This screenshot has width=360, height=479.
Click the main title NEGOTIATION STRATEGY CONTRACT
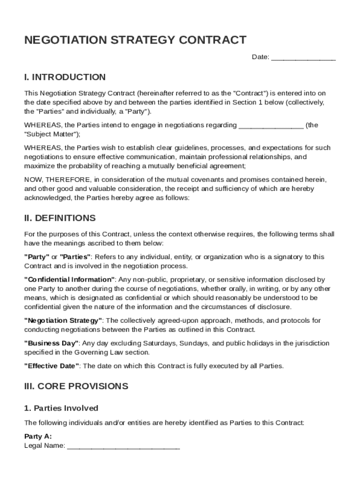tap(135, 40)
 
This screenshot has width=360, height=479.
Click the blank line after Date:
tap(303, 57)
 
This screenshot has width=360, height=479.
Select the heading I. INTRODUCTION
tap(65, 77)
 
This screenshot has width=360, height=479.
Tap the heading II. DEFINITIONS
tap(60, 218)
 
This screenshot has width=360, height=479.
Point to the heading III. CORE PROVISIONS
tap(76, 386)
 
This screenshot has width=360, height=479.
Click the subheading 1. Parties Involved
tap(61, 408)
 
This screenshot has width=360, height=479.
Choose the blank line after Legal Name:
tap(123, 446)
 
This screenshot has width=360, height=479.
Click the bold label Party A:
tap(38, 436)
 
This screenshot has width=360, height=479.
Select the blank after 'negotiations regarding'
tap(271, 125)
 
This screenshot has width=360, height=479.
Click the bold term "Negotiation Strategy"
tap(64, 320)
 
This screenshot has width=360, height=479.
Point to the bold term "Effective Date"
tap(52, 366)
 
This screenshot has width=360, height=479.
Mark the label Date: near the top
tap(260, 57)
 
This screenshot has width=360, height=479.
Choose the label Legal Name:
tap(44, 446)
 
